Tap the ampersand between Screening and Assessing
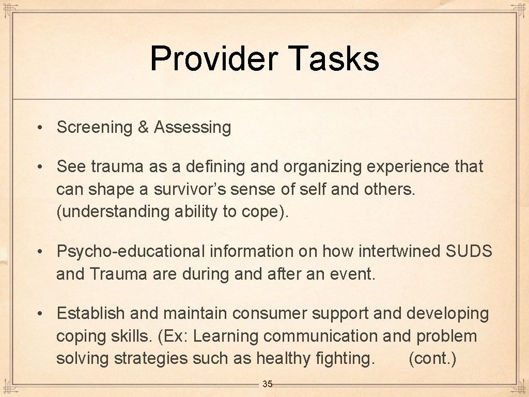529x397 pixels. pyautogui.click(x=143, y=127)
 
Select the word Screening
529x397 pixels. pyautogui.click(x=95, y=127)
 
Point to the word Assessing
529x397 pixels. pyautogui.click(x=192, y=127)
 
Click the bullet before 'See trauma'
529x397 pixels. pyautogui.click(x=39, y=167)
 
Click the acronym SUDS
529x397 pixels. pyautogui.click(x=469, y=252)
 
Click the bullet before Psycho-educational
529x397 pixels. pyautogui.click(x=39, y=252)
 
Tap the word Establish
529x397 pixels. pyautogui.click(x=91, y=313)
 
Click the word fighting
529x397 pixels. pyautogui.click(x=345, y=358)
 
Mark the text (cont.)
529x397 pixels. pyautogui.click(x=432, y=358)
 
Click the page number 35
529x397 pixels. pyautogui.click(x=268, y=384)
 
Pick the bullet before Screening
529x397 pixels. pyautogui.click(x=39, y=127)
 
